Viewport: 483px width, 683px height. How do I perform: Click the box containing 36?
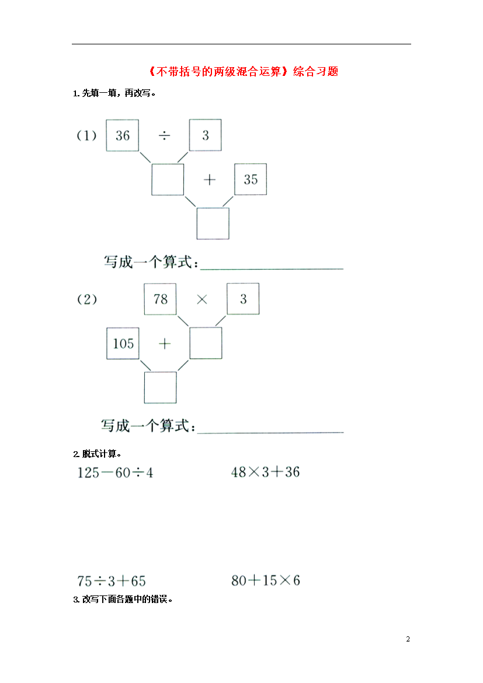(x=123, y=135)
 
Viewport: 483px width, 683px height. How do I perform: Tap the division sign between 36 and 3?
(x=164, y=136)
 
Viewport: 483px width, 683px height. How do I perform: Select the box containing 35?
(x=251, y=179)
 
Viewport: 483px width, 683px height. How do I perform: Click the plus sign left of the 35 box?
(x=210, y=179)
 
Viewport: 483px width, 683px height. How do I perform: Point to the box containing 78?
(x=161, y=299)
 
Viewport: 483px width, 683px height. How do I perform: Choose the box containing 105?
(x=123, y=344)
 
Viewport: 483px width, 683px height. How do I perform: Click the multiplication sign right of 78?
(x=202, y=299)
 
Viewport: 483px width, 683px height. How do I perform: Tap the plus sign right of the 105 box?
(x=164, y=344)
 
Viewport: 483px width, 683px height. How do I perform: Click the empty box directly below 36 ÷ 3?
(x=168, y=179)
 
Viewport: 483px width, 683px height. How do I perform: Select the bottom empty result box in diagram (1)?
(x=213, y=224)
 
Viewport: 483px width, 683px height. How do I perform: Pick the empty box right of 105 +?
(x=206, y=343)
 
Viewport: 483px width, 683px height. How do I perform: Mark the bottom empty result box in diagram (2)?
(x=161, y=388)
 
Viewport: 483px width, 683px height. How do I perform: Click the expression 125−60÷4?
(x=115, y=473)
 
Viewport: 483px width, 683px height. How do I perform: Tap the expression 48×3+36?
(x=266, y=472)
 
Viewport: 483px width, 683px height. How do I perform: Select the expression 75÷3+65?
(x=112, y=581)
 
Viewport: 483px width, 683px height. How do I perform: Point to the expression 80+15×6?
(x=266, y=580)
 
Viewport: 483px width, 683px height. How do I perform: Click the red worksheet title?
(x=242, y=71)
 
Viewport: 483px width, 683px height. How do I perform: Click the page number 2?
(x=408, y=639)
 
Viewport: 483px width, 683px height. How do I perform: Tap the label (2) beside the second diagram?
(x=87, y=299)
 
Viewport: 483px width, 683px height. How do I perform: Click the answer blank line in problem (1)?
(x=272, y=269)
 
